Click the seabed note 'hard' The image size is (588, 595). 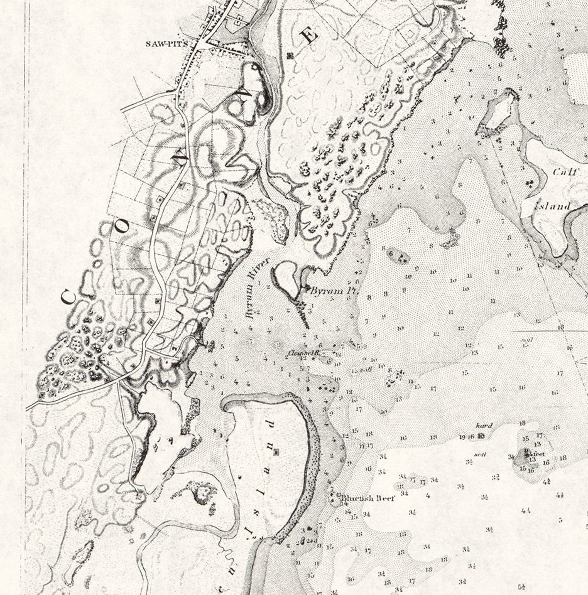(484, 426)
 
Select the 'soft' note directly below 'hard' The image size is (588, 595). (480, 454)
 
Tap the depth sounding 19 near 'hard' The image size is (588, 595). (462, 437)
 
